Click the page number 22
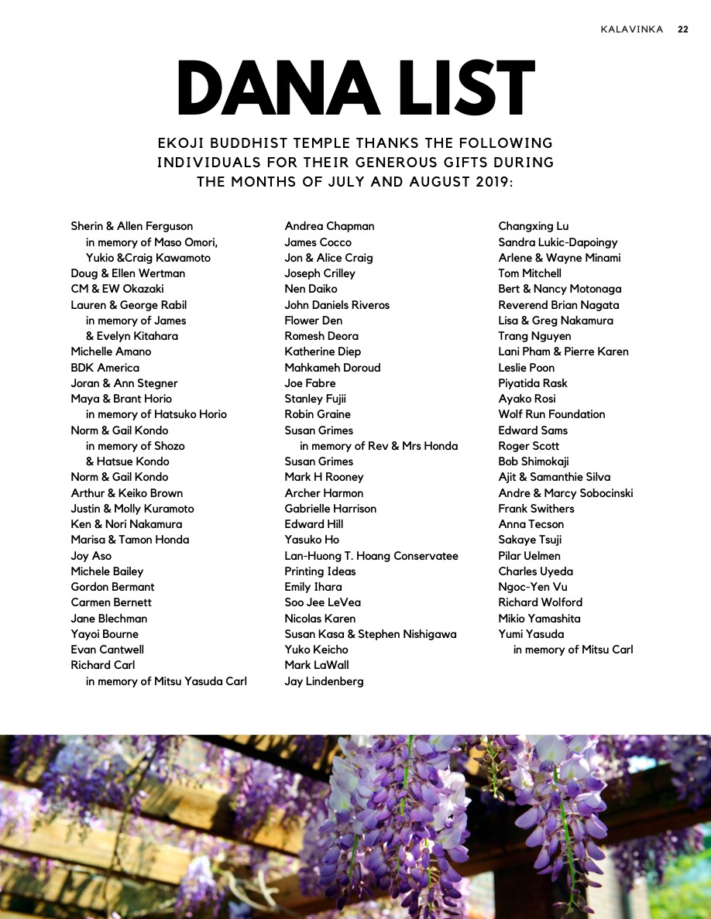coord(682,29)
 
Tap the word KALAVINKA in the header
coord(632,29)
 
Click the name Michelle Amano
coord(111,351)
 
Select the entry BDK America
coord(105,368)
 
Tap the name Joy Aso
coord(91,556)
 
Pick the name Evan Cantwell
coord(107,650)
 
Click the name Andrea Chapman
coord(329,226)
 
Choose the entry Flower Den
coord(313,321)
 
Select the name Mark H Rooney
coord(324,477)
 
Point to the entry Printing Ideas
coord(320,571)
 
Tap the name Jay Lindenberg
coord(324,681)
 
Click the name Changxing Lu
coord(533,226)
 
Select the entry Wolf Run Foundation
coord(551,414)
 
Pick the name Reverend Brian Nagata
coord(558,305)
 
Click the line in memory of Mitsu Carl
coord(573,650)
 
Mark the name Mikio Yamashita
coord(539,619)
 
